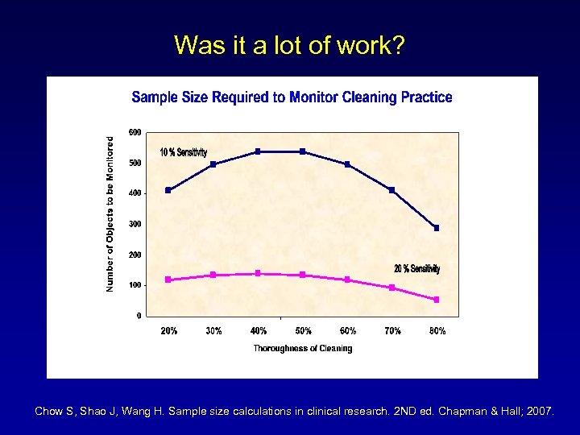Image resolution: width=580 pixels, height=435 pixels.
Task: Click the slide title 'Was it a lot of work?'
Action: tap(289, 45)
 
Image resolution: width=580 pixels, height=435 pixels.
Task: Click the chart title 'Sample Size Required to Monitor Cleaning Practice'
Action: tap(292, 97)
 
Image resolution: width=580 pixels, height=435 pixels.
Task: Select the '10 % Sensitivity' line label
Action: tap(183, 152)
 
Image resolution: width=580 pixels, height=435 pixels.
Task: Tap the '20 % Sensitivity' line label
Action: tap(416, 268)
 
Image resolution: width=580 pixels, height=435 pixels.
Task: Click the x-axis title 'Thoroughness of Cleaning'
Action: tap(302, 348)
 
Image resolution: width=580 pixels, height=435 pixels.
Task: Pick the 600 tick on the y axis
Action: tap(135, 132)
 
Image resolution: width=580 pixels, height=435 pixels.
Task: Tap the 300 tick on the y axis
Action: tap(135, 224)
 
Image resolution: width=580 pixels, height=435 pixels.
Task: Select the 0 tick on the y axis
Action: tap(139, 316)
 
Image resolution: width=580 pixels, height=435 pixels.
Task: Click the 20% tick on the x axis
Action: tap(169, 330)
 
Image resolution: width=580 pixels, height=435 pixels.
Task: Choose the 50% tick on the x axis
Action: tap(303, 330)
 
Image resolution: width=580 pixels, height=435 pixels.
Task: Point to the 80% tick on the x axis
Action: tap(437, 330)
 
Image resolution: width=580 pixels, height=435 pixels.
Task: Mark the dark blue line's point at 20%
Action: tap(168, 190)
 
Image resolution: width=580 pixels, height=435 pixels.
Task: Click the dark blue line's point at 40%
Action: tap(258, 151)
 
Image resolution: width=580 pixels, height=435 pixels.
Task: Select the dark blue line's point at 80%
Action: tap(437, 228)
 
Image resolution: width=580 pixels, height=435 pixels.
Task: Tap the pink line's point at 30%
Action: tap(213, 275)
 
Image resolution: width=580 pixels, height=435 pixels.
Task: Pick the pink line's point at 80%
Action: tap(437, 300)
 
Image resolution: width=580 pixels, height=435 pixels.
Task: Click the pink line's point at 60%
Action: tap(347, 280)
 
